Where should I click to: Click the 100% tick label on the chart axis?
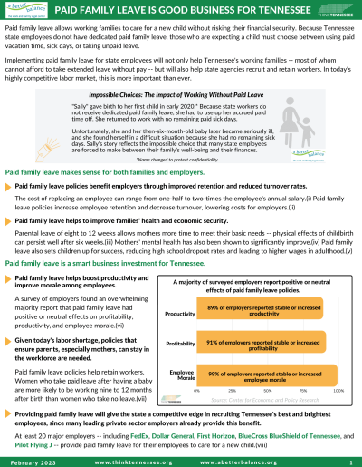pos(338,390)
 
